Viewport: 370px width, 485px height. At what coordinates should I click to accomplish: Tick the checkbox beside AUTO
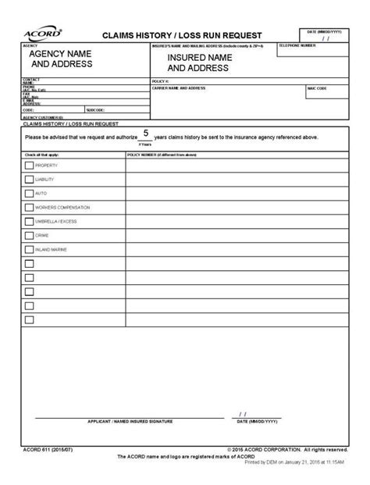pyautogui.click(x=29, y=194)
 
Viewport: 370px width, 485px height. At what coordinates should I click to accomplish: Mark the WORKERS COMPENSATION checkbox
pyautogui.click(x=29, y=208)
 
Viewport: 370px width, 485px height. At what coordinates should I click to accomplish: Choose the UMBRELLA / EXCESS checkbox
pyautogui.click(x=29, y=222)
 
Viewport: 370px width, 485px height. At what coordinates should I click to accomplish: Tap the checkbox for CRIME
pyautogui.click(x=29, y=235)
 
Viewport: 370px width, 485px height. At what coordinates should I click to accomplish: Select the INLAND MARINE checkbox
pyautogui.click(x=29, y=249)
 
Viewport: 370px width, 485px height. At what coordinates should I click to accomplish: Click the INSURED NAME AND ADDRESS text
pyautogui.click(x=198, y=62)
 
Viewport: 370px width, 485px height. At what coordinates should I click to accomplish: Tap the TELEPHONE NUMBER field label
pyautogui.click(x=297, y=46)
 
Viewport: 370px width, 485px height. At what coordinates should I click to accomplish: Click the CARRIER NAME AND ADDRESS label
pyautogui.click(x=179, y=89)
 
